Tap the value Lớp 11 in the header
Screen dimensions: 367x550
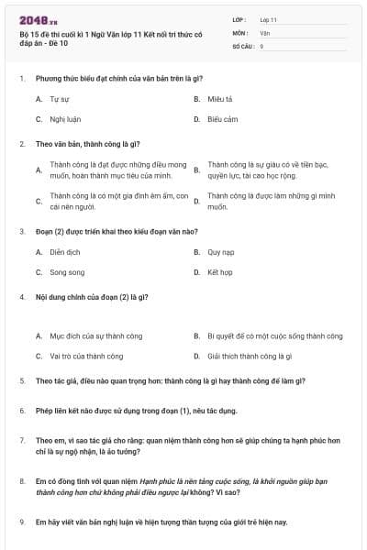click(x=268, y=19)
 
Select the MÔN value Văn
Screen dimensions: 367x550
click(x=264, y=32)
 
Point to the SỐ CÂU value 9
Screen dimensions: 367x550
click(x=261, y=46)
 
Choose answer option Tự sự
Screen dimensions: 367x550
click(x=60, y=98)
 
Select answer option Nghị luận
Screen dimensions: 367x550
click(x=63, y=119)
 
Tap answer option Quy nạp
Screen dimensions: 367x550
click(x=221, y=251)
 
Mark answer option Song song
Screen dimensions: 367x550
click(x=67, y=272)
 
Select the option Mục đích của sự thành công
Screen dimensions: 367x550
click(x=95, y=336)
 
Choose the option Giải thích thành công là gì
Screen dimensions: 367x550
click(x=250, y=357)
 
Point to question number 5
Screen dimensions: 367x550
click(x=21, y=380)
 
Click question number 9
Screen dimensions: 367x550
click(x=21, y=522)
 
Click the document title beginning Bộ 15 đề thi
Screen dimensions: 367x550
click(x=101, y=38)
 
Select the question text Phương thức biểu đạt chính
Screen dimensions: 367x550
click(x=118, y=78)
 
